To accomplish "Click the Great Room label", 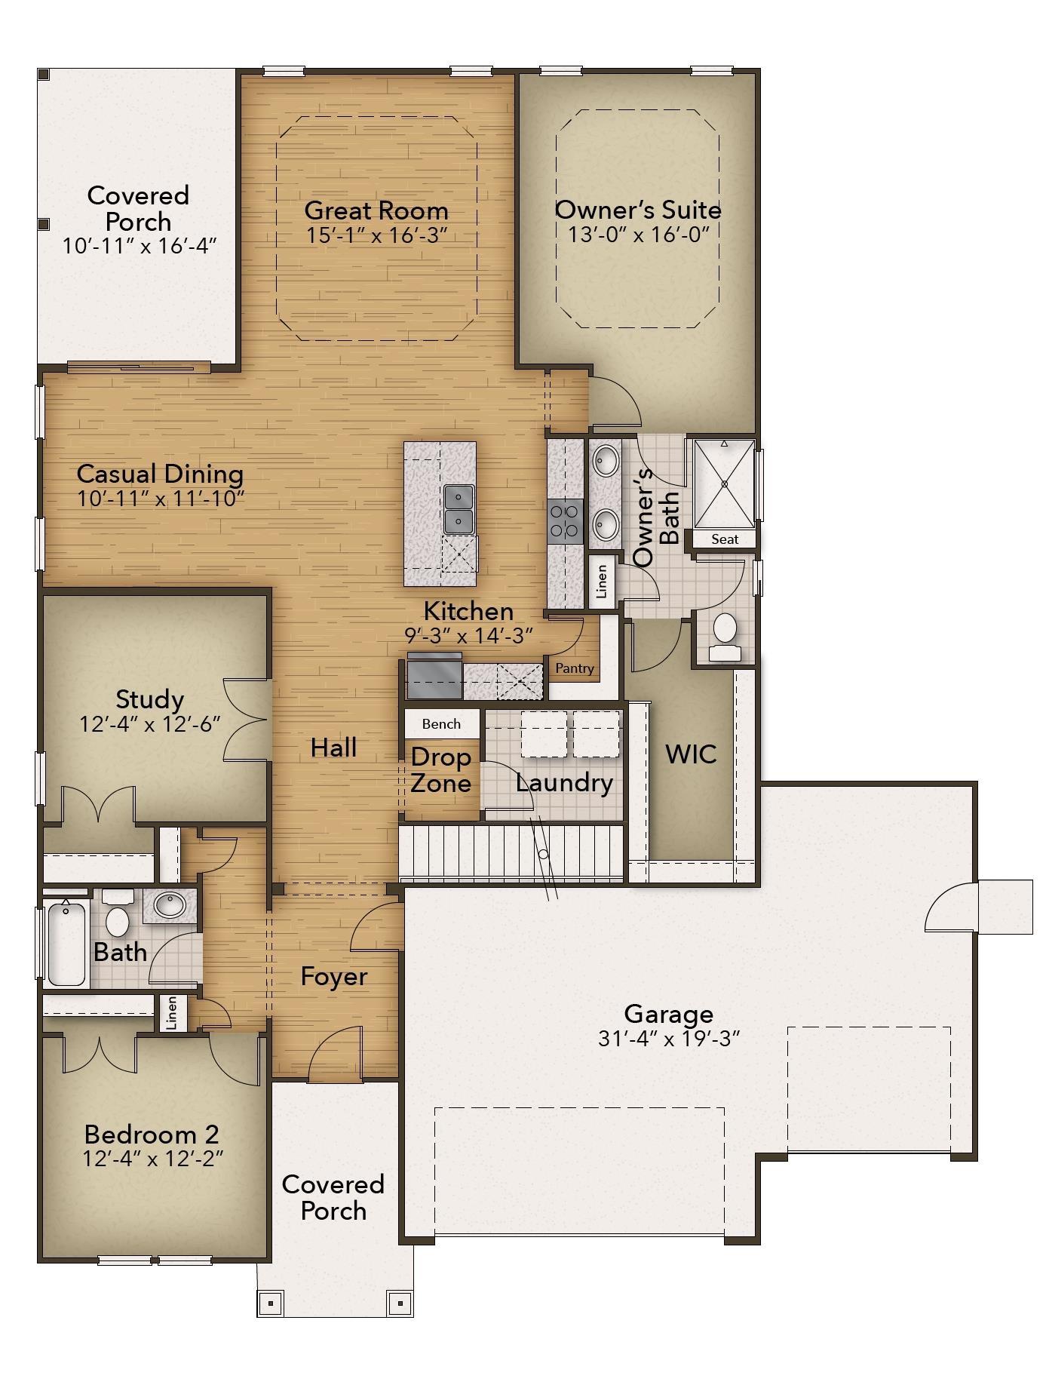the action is tap(376, 210).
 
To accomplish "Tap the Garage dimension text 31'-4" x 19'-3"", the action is tap(669, 1039).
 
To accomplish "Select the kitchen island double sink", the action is tap(459, 509).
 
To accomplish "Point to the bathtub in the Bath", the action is tap(66, 943).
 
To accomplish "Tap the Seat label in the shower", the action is tap(725, 539).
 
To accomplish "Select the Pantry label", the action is tap(575, 668).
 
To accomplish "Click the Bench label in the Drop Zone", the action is tap(441, 724).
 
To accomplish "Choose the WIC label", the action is tap(691, 754).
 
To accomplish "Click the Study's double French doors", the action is tap(246, 719).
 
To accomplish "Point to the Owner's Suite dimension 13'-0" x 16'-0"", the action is tap(640, 234).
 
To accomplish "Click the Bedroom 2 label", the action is tap(152, 1134).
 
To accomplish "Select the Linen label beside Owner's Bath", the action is tap(602, 582).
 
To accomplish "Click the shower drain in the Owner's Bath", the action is tap(724, 483).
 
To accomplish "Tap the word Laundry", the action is tap(564, 783).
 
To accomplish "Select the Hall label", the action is tap(334, 748).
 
